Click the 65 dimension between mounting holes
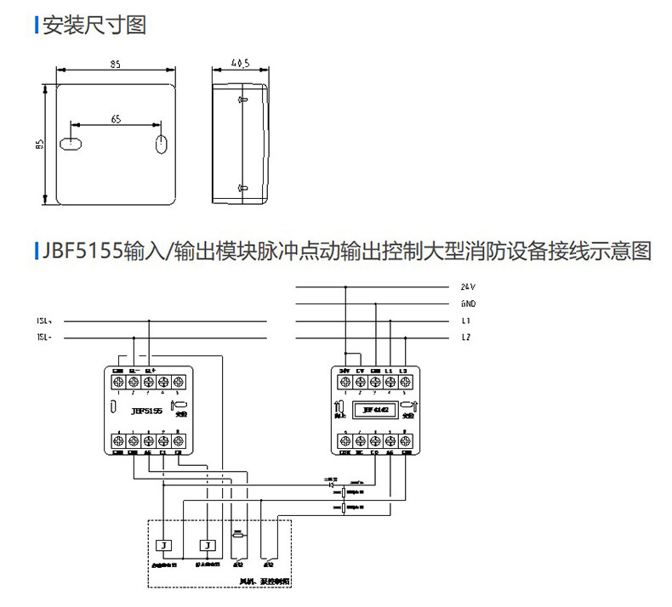[x=116, y=120]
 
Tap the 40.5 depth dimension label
[x=239, y=63]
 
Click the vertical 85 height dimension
[x=38, y=145]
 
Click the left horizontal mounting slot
[x=71, y=143]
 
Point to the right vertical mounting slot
[x=159, y=143]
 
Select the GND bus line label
[x=468, y=303]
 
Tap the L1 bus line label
[x=466, y=321]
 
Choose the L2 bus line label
[x=466, y=338]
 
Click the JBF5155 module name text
[x=146, y=411]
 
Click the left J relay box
[x=166, y=544]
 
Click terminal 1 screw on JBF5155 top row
[x=118, y=383]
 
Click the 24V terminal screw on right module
[x=345, y=383]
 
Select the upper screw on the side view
[x=242, y=100]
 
